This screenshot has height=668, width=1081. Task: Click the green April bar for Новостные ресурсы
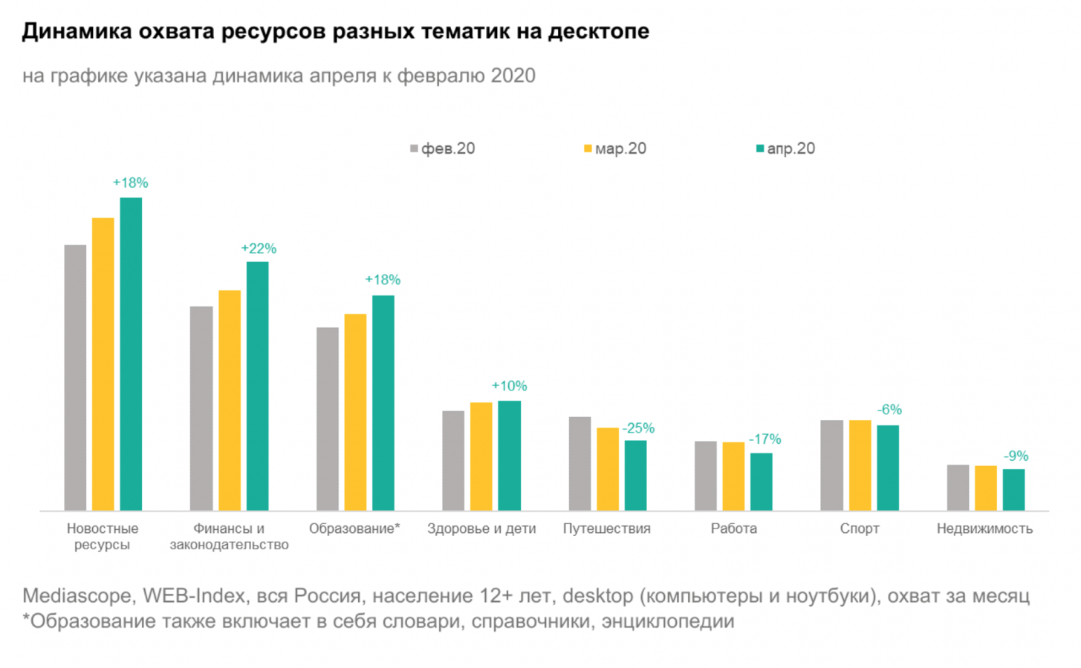131,354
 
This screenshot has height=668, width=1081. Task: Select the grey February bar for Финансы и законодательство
201,408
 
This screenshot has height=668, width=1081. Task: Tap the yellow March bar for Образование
355,412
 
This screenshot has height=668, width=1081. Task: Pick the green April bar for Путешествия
635,475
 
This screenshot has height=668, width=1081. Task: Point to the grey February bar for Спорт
831,465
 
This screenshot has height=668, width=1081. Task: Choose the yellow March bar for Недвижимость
985,488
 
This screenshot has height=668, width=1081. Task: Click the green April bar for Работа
761,482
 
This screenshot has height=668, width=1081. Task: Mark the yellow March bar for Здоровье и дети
481,456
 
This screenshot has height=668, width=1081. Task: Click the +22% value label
259,249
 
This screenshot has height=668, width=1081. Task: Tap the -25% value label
638,428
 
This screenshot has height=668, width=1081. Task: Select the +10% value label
509,386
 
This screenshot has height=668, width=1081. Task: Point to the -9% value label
1016,456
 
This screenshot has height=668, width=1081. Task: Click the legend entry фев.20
443,148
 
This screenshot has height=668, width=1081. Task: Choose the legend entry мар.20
615,148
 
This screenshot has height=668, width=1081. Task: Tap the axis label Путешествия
606,528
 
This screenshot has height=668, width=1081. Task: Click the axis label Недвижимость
984,528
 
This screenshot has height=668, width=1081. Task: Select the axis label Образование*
354,528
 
